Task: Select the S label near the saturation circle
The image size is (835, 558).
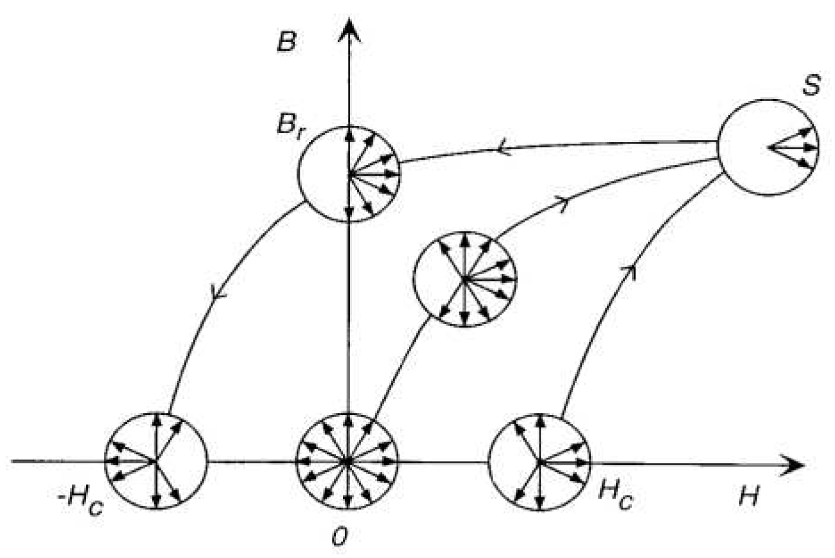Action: click(811, 85)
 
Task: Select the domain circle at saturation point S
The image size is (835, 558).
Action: click(768, 147)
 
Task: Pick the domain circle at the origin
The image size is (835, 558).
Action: click(348, 461)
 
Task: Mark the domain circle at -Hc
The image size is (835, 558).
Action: click(156, 461)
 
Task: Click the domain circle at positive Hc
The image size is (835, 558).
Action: click(539, 461)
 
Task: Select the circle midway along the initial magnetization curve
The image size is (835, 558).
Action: click(465, 278)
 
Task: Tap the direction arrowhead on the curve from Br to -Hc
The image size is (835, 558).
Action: click(217, 291)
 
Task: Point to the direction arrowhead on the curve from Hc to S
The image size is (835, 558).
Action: click(633, 271)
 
